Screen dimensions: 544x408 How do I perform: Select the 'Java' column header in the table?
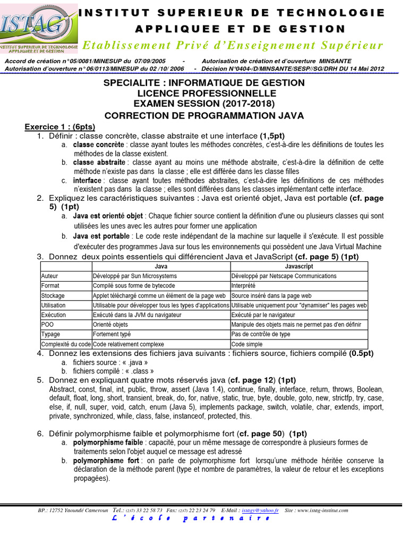[161, 266]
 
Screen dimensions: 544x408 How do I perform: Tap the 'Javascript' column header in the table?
[299, 266]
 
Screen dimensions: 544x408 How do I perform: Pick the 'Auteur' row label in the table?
[49, 276]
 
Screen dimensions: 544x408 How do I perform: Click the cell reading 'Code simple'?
[247, 344]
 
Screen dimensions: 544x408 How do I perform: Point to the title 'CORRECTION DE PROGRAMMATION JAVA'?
[203, 115]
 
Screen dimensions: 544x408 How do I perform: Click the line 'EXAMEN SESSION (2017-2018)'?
[204, 104]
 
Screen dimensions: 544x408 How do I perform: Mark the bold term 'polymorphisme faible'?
[108, 443]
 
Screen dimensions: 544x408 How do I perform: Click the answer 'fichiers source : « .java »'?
[110, 362]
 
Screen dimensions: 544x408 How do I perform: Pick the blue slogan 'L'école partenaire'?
[203, 519]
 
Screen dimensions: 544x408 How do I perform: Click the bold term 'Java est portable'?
[101, 236]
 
